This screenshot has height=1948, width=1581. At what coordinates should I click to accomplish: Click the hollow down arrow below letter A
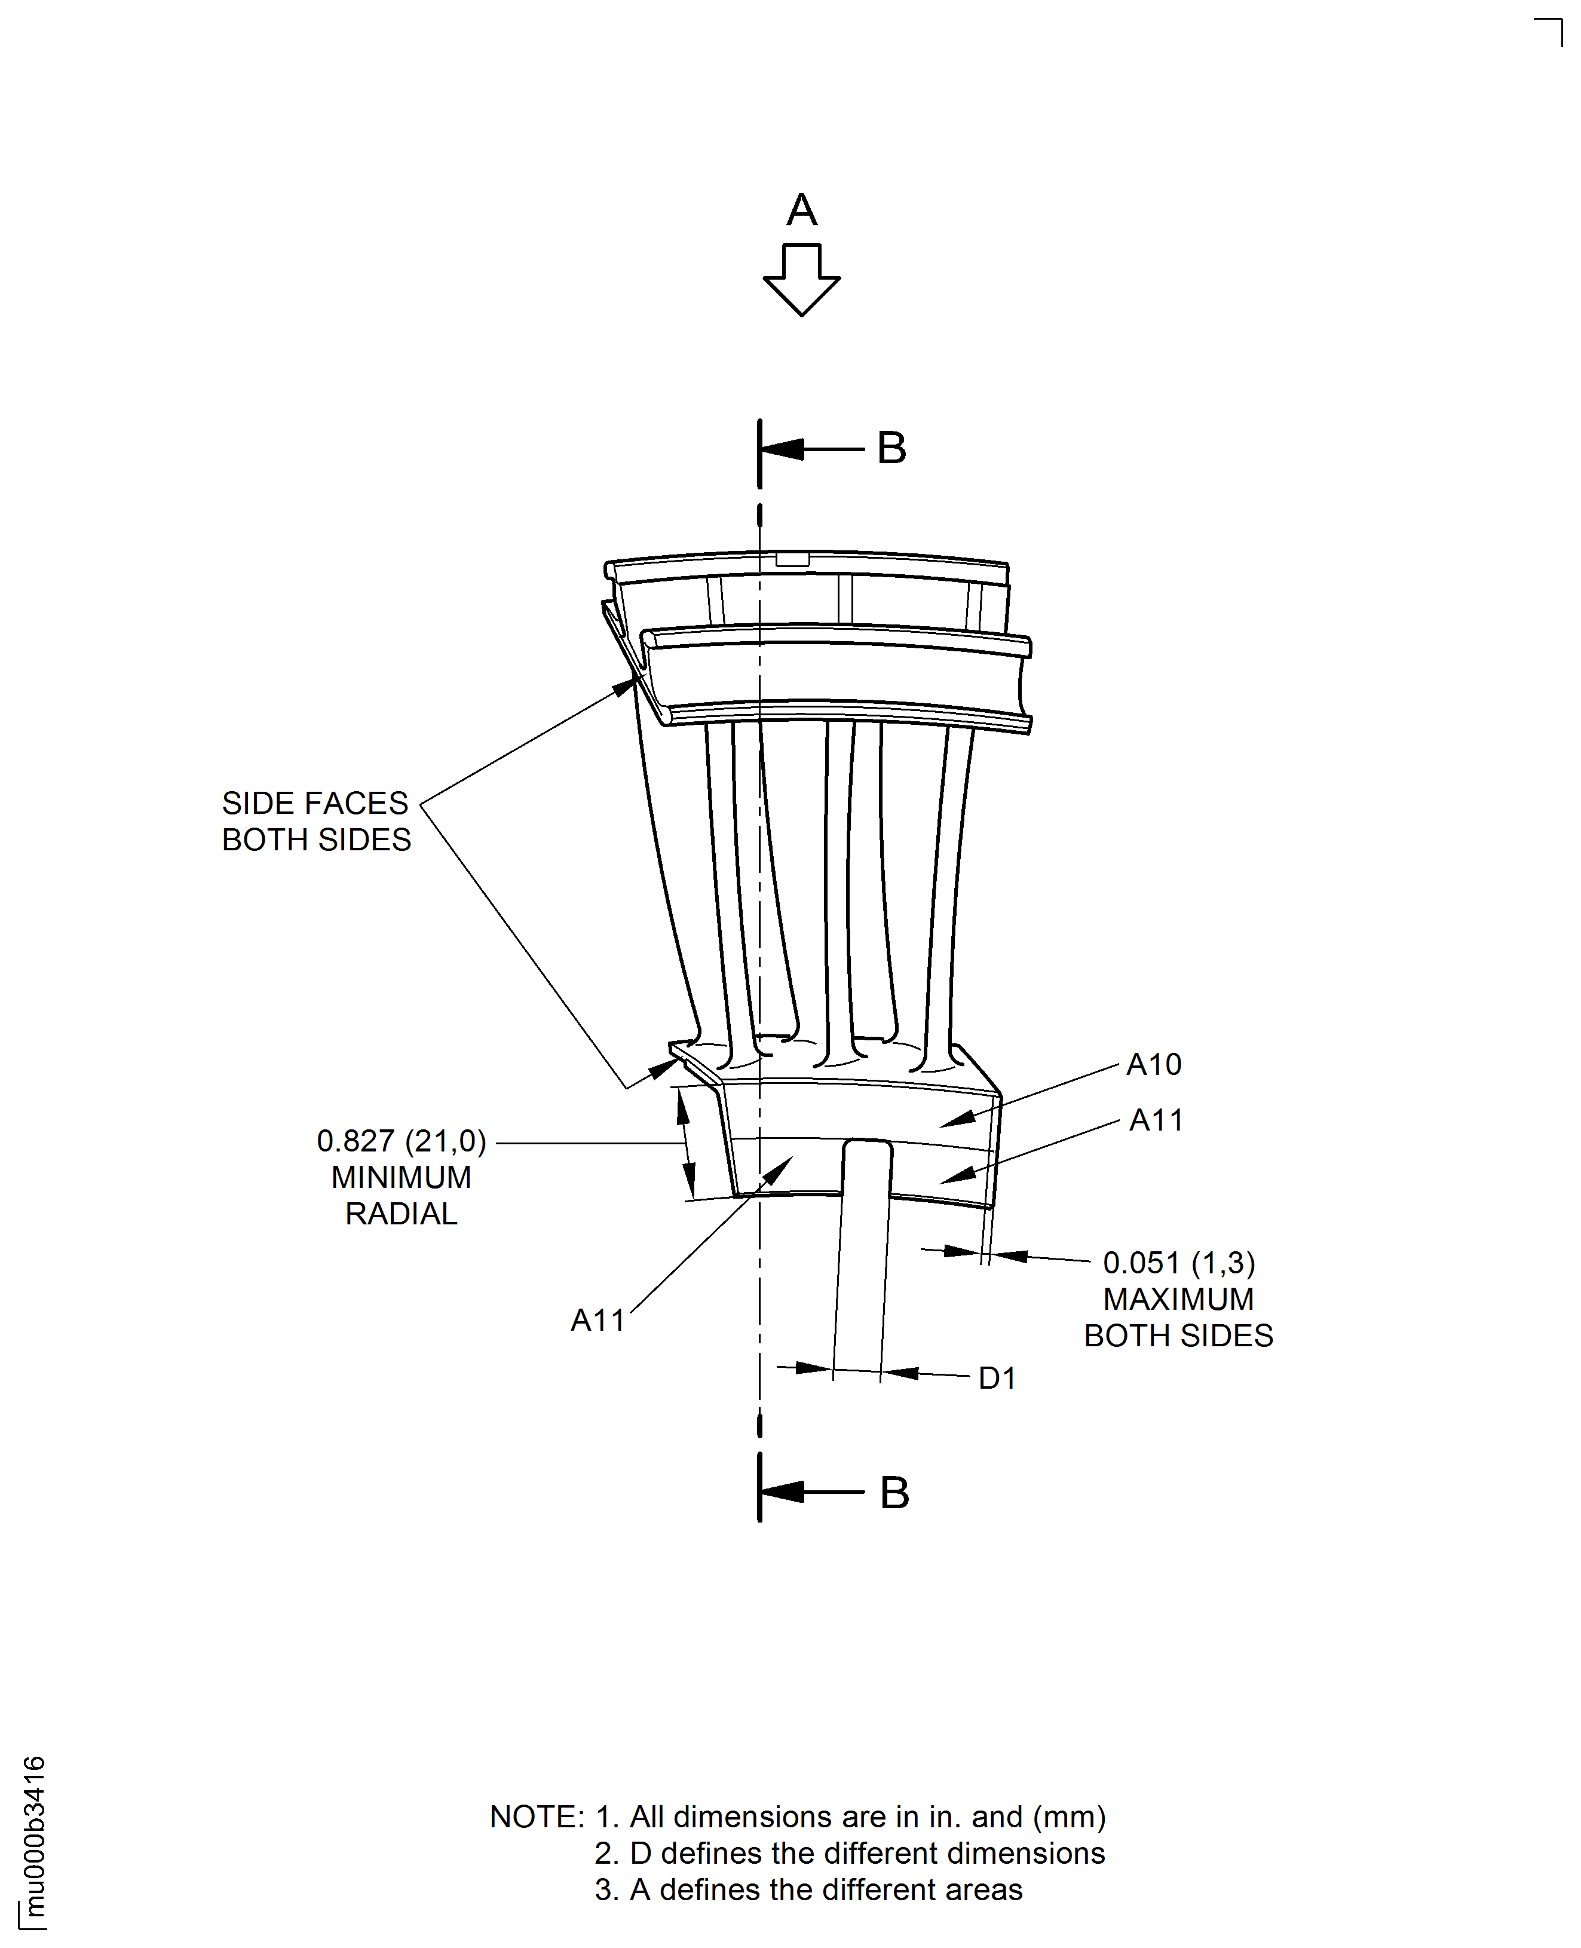point(801,278)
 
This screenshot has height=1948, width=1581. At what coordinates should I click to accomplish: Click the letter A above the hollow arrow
point(801,210)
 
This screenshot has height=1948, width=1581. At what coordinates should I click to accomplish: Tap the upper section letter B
point(891,448)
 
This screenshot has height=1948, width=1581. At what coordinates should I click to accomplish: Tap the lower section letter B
point(894,1491)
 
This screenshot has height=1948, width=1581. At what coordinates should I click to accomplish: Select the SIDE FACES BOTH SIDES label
point(316,820)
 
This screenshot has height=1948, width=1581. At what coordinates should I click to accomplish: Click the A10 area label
point(1154,1064)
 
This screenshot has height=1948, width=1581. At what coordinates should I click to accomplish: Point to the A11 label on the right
point(1156,1119)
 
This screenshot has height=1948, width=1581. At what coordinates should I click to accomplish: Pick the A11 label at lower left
point(598,1319)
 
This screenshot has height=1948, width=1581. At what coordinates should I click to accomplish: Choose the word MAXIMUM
point(1178,1298)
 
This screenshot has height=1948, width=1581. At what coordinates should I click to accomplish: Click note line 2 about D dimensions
point(850,1853)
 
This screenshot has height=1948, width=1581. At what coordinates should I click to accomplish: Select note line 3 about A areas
point(808,1889)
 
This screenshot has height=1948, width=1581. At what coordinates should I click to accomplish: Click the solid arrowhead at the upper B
point(783,449)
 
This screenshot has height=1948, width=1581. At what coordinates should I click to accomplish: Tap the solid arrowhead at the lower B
point(783,1491)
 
